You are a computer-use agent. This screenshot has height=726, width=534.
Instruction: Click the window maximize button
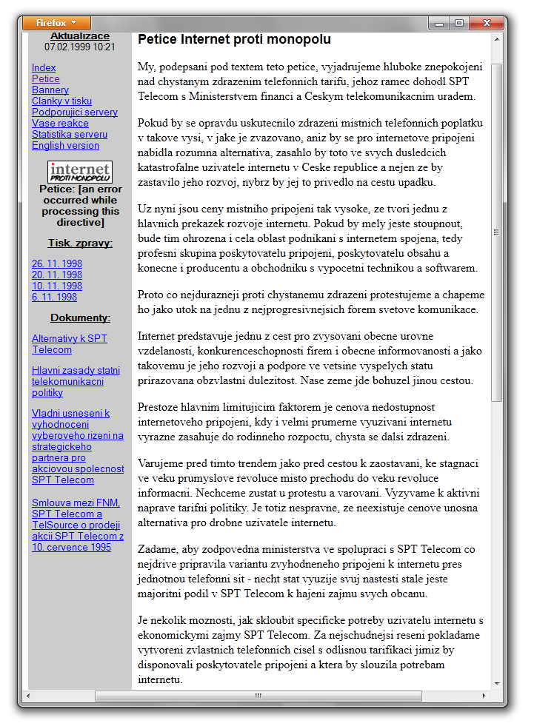(x=459, y=23)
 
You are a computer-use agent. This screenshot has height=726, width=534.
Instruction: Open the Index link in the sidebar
(x=44, y=67)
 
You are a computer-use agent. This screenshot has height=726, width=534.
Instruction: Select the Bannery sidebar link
(x=50, y=90)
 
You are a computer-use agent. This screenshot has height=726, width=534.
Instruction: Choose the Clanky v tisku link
(x=61, y=101)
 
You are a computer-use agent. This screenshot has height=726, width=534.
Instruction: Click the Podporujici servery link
(x=74, y=112)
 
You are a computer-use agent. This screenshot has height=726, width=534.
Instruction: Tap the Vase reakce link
(x=60, y=123)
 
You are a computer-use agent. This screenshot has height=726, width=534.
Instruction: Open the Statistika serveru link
(x=70, y=134)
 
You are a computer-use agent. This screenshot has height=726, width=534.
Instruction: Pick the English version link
(x=65, y=145)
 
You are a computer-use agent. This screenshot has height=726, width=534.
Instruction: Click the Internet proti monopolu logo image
(x=80, y=172)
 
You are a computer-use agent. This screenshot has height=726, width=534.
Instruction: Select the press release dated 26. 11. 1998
(x=57, y=263)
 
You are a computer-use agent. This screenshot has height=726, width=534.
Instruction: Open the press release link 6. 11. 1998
(x=54, y=297)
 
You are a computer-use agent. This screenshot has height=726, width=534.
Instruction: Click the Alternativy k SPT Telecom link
(x=69, y=344)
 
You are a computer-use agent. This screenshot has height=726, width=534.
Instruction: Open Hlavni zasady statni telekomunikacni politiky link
(x=76, y=381)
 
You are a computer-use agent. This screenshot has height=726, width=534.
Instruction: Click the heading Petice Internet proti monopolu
(x=234, y=39)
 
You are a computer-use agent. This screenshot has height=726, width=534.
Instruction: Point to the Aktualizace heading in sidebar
(x=80, y=36)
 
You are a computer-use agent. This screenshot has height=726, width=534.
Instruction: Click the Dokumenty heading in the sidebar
(x=80, y=317)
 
